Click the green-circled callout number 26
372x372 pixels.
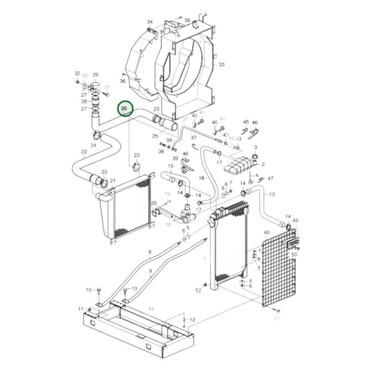coord(124,109)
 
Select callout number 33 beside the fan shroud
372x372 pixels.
coord(222,64)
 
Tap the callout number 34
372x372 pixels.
coord(149,22)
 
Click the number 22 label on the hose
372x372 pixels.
coord(84,151)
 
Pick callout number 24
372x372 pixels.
coord(93,145)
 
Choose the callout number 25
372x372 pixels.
coord(156,136)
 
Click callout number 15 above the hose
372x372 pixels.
coord(170,166)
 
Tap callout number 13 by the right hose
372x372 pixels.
coord(271,193)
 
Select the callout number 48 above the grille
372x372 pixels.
coord(267,232)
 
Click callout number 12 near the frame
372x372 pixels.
coord(193,320)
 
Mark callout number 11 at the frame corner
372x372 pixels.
coord(81,309)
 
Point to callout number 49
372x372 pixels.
coord(296,221)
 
